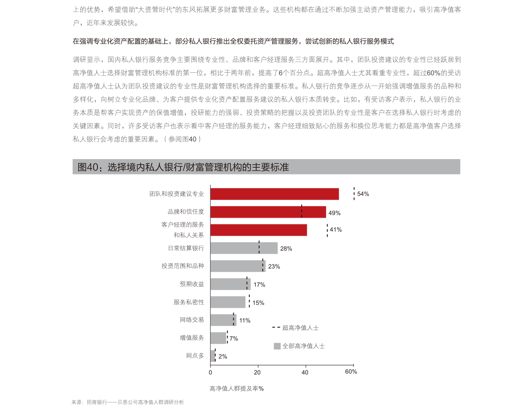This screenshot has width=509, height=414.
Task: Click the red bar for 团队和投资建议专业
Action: pyautogui.click(x=274, y=194)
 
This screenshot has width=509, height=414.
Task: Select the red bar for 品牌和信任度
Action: pyautogui.click(x=268, y=212)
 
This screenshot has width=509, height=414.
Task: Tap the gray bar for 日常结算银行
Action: pyautogui.click(x=244, y=248)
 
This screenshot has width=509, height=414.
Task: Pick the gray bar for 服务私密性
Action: pyautogui.click(x=228, y=302)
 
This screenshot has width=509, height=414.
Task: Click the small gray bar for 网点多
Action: pyautogui.click(x=213, y=356)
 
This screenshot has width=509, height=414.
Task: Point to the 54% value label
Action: pyautogui.click(x=363, y=194)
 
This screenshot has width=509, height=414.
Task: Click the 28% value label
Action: pyautogui.click(x=286, y=248)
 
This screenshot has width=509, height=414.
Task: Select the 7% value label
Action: pyautogui.click(x=233, y=338)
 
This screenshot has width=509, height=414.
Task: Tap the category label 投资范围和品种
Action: pyautogui.click(x=182, y=266)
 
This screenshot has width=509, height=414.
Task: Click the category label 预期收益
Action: pyautogui.click(x=191, y=284)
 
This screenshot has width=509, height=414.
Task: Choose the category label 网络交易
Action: pyautogui.click(x=191, y=319)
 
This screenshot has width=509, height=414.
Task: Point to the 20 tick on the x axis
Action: pyautogui.click(x=257, y=372)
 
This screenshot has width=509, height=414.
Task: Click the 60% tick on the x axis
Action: pyautogui.click(x=351, y=372)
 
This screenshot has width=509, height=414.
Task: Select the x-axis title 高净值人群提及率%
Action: pyautogui.click(x=236, y=389)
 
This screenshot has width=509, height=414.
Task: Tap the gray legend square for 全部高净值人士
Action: pyautogui.click(x=277, y=346)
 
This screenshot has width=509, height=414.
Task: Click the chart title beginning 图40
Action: pyautogui.click(x=183, y=167)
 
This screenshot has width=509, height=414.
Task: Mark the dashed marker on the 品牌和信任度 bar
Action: pyautogui.click(x=302, y=212)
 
